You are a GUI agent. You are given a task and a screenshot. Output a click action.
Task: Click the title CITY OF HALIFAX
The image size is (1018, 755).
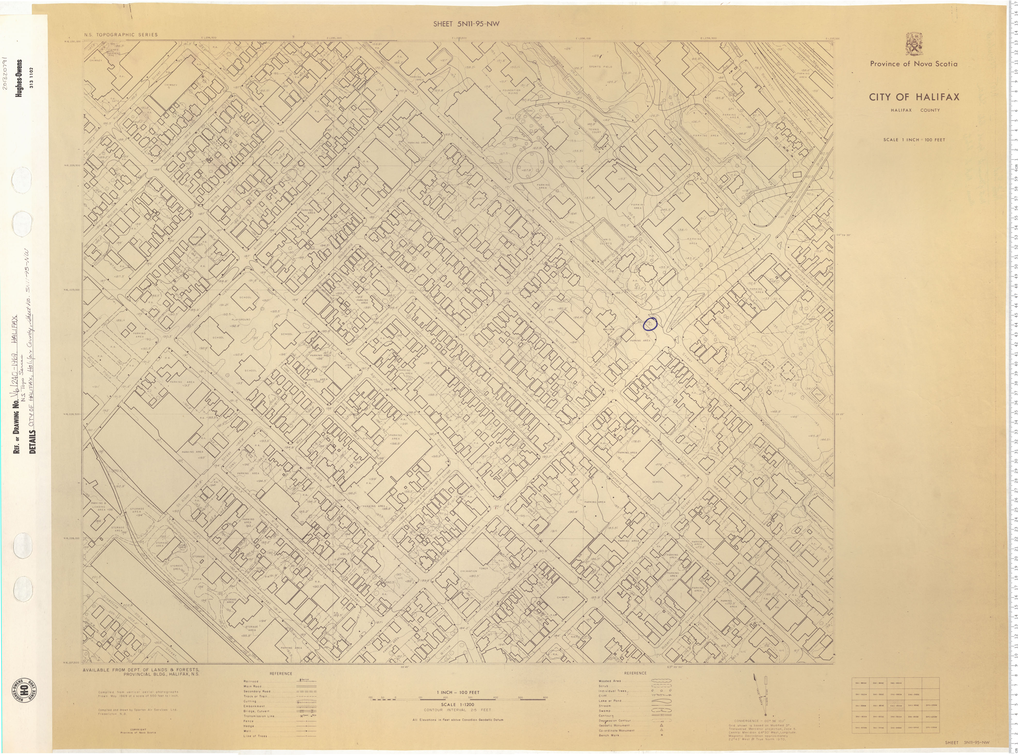coord(914,97)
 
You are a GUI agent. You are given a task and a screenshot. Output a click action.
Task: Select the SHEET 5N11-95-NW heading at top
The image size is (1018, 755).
coord(466,24)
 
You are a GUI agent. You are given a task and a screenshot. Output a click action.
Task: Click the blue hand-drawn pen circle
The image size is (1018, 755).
coord(650,324)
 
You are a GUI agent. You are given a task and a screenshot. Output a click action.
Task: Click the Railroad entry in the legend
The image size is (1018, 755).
coord(251,681)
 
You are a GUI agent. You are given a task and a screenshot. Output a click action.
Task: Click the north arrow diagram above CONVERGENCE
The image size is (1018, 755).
coord(762,695)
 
